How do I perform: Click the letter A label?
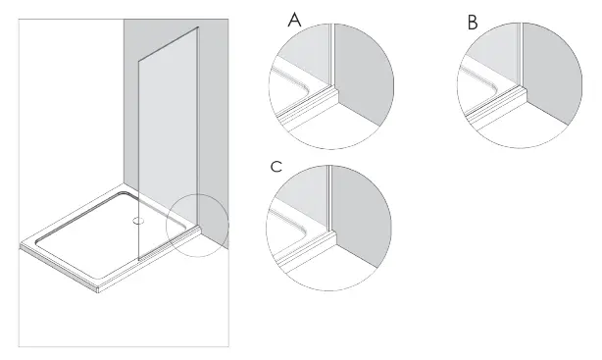pyautogui.click(x=294, y=20)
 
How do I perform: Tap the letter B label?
pyautogui.click(x=473, y=22)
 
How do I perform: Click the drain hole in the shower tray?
pyautogui.click(x=136, y=221)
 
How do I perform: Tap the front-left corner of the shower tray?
pyautogui.click(x=24, y=247)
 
